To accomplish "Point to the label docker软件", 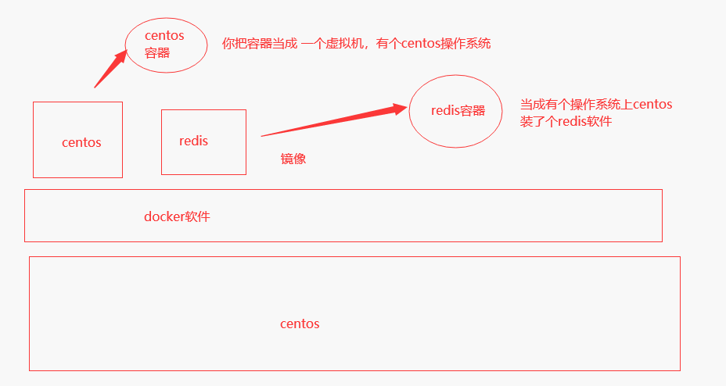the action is tap(177, 216).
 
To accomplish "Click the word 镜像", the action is tap(293, 159).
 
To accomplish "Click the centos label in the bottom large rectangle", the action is tap(300, 323).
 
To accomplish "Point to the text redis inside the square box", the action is tap(194, 141).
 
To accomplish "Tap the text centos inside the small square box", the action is tap(81, 142).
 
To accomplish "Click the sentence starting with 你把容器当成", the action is tap(356, 44).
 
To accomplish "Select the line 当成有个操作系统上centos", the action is tap(596, 104).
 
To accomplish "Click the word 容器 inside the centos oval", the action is tap(157, 53).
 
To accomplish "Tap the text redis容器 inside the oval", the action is tap(458, 110).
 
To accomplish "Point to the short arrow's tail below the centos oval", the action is tap(95, 87).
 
